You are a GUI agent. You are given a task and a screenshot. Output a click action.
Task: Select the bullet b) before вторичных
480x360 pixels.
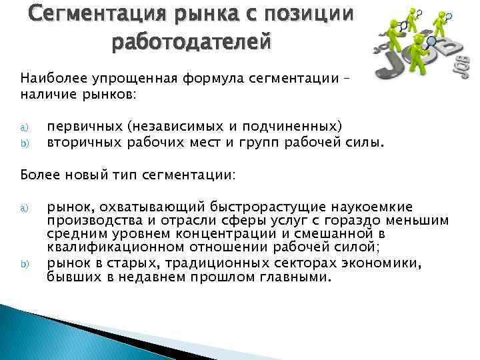[x=24, y=141]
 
